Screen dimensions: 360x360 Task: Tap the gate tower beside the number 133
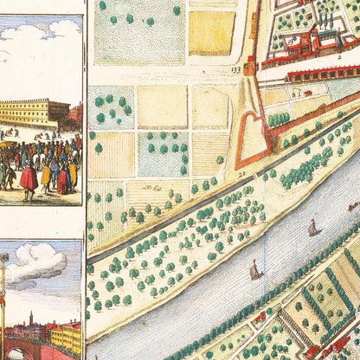click(252, 66)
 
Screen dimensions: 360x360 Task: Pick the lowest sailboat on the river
click(255, 272)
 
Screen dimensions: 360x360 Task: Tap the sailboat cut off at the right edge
click(353, 207)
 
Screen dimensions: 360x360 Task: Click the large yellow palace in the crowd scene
click(34, 112)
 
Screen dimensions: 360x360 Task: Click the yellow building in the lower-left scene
click(65, 337)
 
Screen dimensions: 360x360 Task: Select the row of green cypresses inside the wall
click(279, 119)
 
